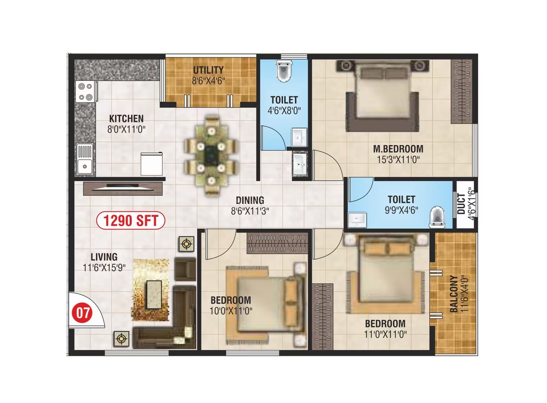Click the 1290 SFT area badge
point(131,221)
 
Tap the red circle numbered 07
point(82,313)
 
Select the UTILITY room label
point(208,70)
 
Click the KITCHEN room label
point(126,118)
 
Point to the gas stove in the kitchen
point(86,92)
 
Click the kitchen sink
point(85,159)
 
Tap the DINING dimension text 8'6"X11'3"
point(250,211)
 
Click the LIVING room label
point(104,257)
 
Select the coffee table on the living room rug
point(154,294)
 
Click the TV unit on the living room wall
point(123,188)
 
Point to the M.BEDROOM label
point(398,149)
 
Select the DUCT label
point(461,204)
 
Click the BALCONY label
point(453,294)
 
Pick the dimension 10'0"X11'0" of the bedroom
point(231,311)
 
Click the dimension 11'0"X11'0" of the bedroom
point(385,334)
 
